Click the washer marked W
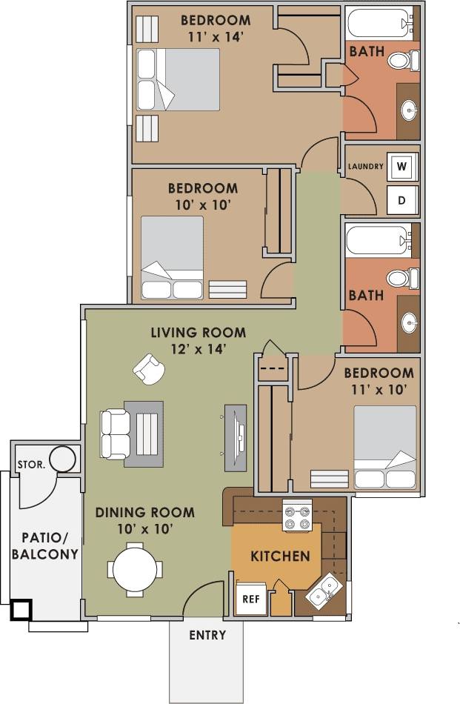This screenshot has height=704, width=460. pyautogui.click(x=401, y=166)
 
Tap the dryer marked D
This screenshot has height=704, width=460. pyautogui.click(x=401, y=199)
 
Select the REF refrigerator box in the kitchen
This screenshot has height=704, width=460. pyautogui.click(x=248, y=600)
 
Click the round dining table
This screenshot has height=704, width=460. pyautogui.click(x=135, y=570)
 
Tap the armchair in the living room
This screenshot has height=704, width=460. pyautogui.click(x=149, y=368)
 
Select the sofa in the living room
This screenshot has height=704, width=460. pyautogui.click(x=115, y=434)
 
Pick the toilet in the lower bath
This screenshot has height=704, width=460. pyautogui.click(x=401, y=279)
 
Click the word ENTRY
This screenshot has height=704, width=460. pyautogui.click(x=207, y=635)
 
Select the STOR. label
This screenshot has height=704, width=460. pyautogui.click(x=30, y=465)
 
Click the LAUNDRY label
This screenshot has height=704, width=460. pyautogui.click(x=366, y=166)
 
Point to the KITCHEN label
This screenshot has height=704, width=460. pyautogui.click(x=280, y=556)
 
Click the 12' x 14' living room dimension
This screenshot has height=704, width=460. pyautogui.click(x=198, y=348)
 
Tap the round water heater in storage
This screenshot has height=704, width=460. pyautogui.click(x=62, y=459)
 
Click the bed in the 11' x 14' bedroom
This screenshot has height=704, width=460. pyautogui.click(x=179, y=80)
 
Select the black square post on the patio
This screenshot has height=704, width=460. pyautogui.click(x=21, y=610)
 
